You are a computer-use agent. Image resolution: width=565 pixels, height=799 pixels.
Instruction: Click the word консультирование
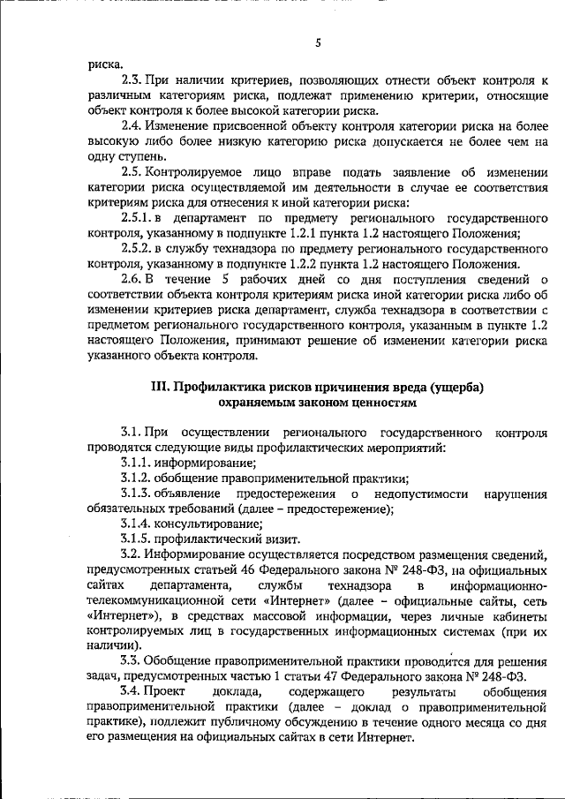(199, 524)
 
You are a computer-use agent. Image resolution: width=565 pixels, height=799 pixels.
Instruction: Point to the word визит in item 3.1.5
(283, 539)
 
